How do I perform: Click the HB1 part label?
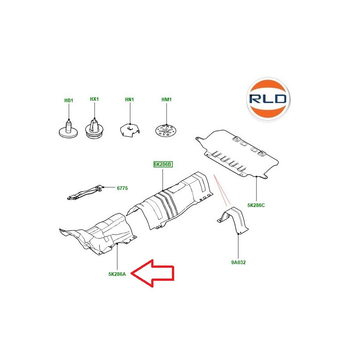69,100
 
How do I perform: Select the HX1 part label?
94,99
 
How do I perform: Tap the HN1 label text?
130,99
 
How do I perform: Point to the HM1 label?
166,99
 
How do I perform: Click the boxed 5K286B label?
163,164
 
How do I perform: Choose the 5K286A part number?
117,274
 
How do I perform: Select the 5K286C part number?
256,205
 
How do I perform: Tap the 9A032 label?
238,262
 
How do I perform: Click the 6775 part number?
122,188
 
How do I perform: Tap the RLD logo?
268,99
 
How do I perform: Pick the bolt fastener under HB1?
68,130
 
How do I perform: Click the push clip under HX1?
94,129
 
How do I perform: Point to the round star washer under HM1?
166,130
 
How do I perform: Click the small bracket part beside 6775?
85,193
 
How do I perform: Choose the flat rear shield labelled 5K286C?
238,153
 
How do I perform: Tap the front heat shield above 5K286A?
99,234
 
